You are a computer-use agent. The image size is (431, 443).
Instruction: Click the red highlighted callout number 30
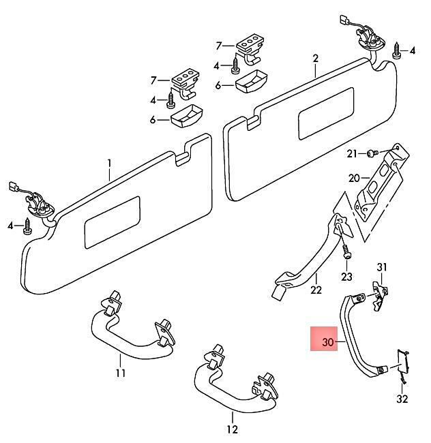click(328, 342)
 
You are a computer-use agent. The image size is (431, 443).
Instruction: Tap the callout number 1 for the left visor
click(109, 164)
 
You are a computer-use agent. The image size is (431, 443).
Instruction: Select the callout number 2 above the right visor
click(315, 59)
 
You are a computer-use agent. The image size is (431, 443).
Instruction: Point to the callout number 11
click(121, 373)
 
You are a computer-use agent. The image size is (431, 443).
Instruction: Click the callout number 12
click(233, 430)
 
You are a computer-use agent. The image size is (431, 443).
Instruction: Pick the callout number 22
click(316, 290)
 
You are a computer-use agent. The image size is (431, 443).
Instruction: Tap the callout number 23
click(346, 277)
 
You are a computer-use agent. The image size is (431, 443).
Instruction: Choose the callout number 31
click(381, 267)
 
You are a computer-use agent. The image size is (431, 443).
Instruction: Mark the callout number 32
click(402, 399)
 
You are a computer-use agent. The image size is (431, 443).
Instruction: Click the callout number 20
click(354, 179)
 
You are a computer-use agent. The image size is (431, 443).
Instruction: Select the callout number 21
click(352, 154)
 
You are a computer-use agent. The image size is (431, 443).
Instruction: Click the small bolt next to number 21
click(372, 154)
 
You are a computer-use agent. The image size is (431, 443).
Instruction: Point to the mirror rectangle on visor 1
click(113, 222)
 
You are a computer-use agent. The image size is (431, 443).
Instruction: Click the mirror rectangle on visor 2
click(326, 114)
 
